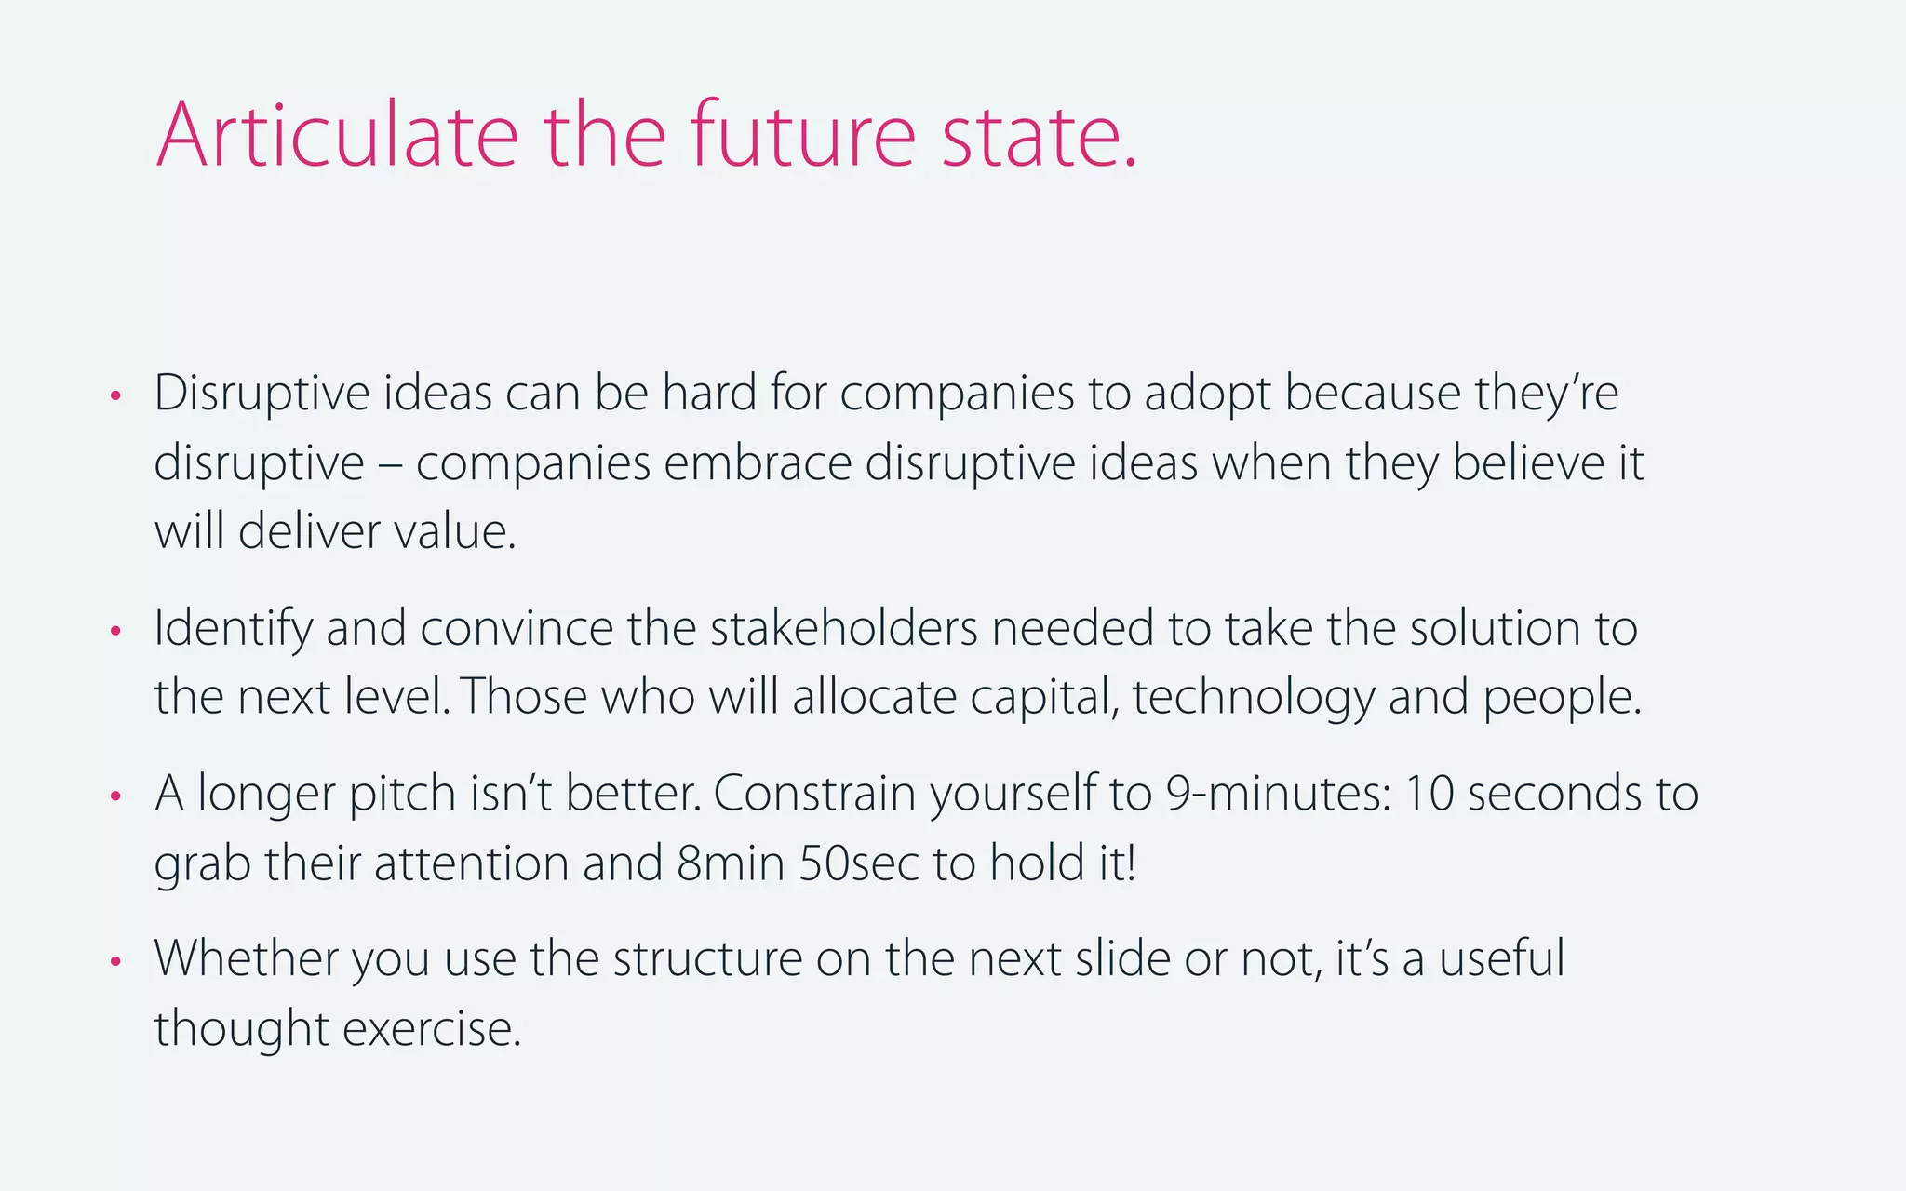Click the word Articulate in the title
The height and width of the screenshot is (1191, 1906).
click(337, 136)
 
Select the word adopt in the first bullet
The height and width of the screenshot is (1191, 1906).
click(1207, 394)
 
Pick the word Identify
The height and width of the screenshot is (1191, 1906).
click(233, 629)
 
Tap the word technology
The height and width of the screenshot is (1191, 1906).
click(1253, 698)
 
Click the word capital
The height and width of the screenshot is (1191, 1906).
click(1043, 698)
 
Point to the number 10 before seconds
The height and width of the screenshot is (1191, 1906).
click(1428, 794)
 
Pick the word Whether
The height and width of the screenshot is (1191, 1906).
click(246, 958)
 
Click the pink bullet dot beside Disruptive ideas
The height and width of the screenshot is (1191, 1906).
click(115, 396)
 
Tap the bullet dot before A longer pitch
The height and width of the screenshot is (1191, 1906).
click(115, 796)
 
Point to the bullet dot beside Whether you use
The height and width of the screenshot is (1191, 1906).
click(115, 961)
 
